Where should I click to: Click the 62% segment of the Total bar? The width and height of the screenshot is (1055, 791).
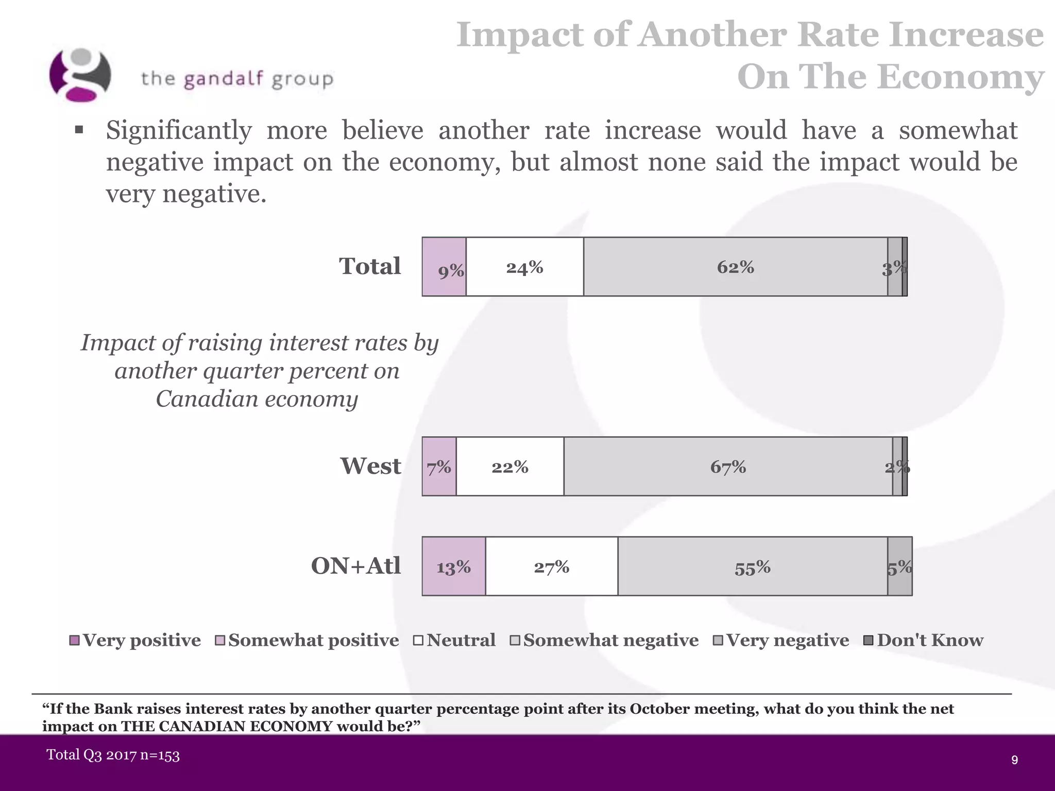click(x=735, y=267)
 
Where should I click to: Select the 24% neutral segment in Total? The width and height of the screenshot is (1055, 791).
click(x=524, y=267)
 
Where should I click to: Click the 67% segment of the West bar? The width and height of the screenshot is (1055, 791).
click(x=728, y=467)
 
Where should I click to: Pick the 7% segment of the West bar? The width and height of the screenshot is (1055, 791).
click(x=439, y=467)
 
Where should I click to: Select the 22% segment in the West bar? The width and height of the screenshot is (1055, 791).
click(x=509, y=467)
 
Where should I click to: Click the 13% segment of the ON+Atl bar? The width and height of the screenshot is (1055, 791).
click(x=453, y=566)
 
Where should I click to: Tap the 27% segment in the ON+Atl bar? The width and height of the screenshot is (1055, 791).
click(x=551, y=566)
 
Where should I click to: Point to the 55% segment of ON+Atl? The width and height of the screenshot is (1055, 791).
click(x=752, y=566)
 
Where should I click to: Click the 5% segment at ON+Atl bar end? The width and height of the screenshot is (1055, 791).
click(x=899, y=566)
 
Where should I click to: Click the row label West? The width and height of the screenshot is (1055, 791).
click(x=370, y=466)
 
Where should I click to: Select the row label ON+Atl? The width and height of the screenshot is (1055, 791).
click(x=355, y=565)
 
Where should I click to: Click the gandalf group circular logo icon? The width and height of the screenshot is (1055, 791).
click(x=80, y=75)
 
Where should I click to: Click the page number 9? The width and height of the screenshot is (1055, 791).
click(x=1014, y=760)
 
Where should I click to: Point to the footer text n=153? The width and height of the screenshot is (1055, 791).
click(x=159, y=755)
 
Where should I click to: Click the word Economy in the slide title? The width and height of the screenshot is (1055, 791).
click(x=960, y=77)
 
